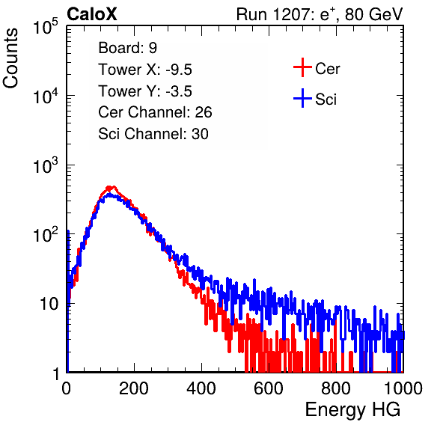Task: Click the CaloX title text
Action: (92, 14)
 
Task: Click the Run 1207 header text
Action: (320, 14)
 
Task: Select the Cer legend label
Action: (327, 69)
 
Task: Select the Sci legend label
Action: (326, 100)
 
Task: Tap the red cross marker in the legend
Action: (302, 67)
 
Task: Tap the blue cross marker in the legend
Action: (302, 99)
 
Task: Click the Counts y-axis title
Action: (10, 58)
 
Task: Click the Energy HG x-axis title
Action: (352, 410)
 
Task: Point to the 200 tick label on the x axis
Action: (134, 388)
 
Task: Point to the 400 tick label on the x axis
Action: (201, 388)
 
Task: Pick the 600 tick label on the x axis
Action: (269, 388)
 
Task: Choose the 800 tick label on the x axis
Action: (336, 388)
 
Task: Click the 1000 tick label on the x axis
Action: (403, 388)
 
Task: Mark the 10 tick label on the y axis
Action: (49, 304)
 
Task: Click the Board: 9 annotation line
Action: (128, 48)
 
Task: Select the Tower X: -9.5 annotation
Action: (145, 70)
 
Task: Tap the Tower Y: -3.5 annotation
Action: (145, 91)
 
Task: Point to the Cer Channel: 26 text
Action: (155, 112)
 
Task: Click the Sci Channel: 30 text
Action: (153, 134)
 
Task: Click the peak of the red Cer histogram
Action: (113, 187)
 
